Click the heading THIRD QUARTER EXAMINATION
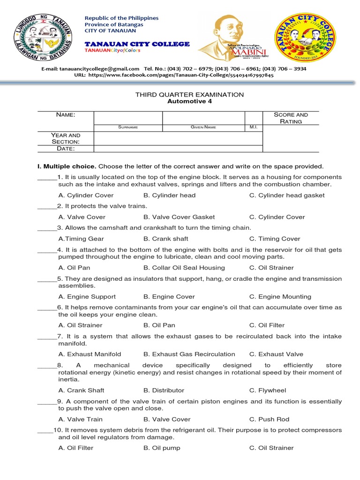click(x=189, y=95)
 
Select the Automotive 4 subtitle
click(x=189, y=101)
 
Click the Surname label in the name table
click(x=128, y=127)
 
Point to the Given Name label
click(x=203, y=127)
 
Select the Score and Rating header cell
click(x=291, y=118)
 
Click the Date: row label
click(x=66, y=149)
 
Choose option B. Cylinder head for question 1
click(x=169, y=195)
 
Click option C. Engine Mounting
click(x=280, y=297)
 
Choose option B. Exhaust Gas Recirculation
click(x=189, y=354)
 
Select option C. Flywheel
click(x=267, y=390)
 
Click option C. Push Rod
click(x=269, y=419)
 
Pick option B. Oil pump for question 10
click(x=162, y=448)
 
